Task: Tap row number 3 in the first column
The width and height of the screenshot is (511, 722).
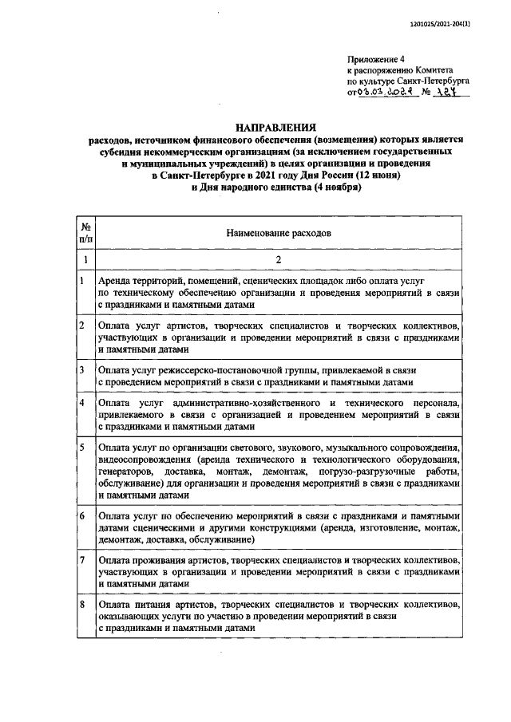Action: click(x=83, y=370)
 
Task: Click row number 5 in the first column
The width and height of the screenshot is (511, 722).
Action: click(x=83, y=448)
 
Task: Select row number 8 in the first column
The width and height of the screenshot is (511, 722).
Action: click(x=83, y=606)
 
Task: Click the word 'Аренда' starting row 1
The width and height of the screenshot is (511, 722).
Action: click(x=116, y=282)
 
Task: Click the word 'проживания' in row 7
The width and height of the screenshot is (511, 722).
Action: click(x=161, y=562)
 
